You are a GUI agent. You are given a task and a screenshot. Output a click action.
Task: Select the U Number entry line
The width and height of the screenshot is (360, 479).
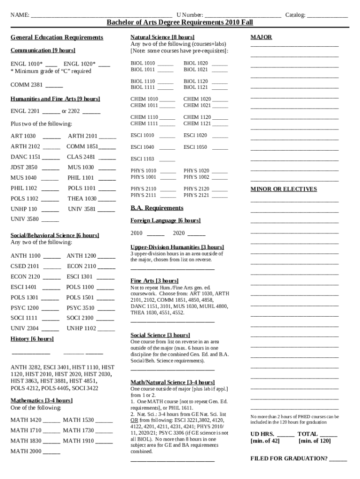243,16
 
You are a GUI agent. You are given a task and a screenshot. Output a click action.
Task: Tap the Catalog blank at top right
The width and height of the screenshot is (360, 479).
327,16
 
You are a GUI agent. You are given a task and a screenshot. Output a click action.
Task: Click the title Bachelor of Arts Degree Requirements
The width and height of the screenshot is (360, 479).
180,22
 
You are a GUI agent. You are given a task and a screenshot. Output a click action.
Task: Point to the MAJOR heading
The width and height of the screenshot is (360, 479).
261,37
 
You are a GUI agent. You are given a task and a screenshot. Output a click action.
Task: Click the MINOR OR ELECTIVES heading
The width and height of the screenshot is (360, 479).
283,189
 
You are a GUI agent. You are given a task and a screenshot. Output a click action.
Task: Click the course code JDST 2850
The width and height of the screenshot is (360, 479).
24,167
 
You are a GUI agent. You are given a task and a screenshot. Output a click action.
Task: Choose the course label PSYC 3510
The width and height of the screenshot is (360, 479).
80,308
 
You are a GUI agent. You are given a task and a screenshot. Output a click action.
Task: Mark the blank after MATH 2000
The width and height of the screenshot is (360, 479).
51,452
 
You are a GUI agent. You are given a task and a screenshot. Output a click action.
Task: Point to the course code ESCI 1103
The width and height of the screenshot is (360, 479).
142,159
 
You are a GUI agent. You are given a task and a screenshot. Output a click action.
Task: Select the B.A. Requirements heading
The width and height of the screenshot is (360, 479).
157,208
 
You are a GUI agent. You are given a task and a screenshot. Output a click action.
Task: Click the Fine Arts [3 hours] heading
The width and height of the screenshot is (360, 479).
154,281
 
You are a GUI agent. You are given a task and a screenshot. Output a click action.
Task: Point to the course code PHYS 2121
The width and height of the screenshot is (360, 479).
196,195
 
